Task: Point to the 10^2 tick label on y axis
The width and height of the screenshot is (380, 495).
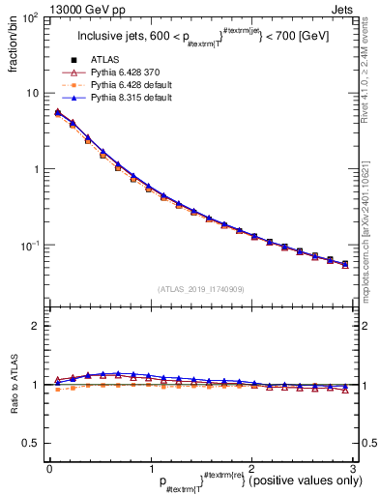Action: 31,17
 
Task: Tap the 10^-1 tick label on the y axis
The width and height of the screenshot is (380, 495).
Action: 31,246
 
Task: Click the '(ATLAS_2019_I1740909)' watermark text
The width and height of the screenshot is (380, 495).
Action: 200,289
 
